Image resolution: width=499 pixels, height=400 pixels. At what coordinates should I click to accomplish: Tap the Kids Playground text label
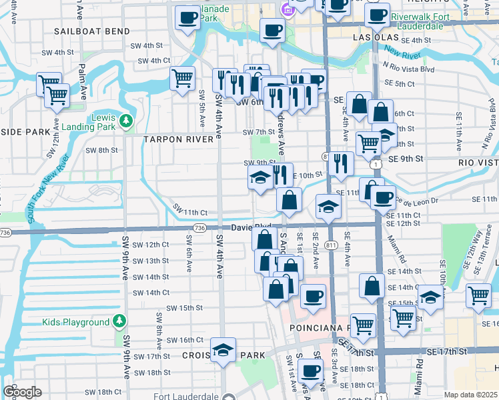click(75, 322)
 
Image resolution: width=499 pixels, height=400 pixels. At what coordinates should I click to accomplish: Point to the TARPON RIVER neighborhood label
click(179, 139)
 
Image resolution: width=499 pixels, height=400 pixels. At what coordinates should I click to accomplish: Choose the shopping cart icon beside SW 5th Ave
click(182, 79)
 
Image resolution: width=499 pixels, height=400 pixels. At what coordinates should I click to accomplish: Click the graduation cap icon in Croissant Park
click(223, 349)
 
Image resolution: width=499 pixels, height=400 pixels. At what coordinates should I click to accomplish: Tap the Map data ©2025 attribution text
click(470, 395)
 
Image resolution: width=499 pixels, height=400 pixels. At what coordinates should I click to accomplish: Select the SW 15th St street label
click(184, 308)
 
